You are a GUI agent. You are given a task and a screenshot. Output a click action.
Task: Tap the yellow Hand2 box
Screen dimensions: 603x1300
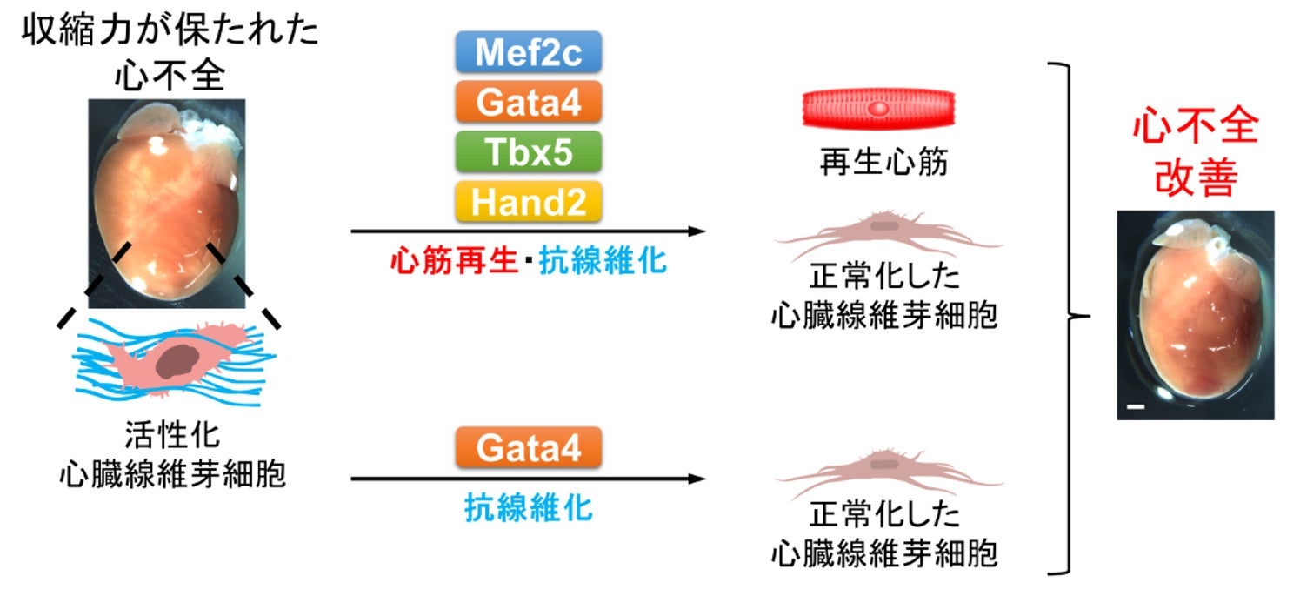pyautogui.click(x=529, y=202)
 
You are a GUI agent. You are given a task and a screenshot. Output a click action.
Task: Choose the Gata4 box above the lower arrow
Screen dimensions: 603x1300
pyautogui.click(x=529, y=449)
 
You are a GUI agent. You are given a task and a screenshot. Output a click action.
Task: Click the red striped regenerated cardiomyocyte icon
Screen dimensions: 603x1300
pyautogui.click(x=878, y=111)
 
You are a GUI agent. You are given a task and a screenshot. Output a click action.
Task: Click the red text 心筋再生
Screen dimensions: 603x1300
pyautogui.click(x=453, y=260)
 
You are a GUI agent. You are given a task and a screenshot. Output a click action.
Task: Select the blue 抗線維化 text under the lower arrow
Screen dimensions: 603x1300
pyautogui.click(x=529, y=507)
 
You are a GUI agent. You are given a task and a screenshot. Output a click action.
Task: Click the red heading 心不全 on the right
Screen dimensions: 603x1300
pyautogui.click(x=1195, y=127)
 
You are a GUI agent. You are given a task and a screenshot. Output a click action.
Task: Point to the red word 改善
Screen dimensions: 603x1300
pyautogui.click(x=1195, y=178)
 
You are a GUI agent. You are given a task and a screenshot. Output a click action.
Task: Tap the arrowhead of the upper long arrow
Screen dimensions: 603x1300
pyautogui.click(x=695, y=231)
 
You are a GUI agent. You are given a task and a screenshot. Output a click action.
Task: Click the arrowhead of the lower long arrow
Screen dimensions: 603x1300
pyautogui.click(x=695, y=479)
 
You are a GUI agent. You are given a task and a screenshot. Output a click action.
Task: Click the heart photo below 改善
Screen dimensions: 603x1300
pyautogui.click(x=1195, y=315)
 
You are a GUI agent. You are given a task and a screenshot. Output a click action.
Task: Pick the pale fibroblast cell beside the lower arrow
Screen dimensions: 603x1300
pyautogui.click(x=883, y=470)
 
